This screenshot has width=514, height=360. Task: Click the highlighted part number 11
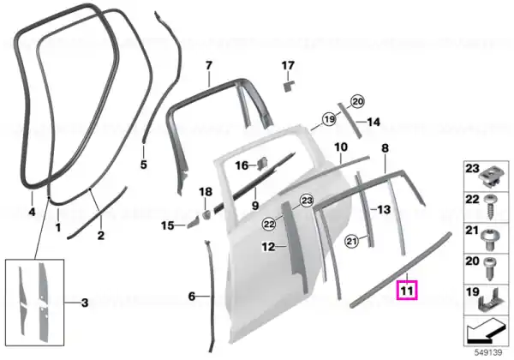point(406,291)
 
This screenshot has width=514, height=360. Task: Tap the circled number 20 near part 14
point(357,102)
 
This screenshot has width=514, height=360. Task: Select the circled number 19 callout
point(329,118)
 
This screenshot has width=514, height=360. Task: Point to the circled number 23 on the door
point(307,201)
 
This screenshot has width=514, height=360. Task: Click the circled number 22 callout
point(269,225)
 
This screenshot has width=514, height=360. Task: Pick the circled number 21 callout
point(351,242)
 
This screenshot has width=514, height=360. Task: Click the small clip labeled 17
point(288,87)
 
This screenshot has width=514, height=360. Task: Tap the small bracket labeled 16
point(262,164)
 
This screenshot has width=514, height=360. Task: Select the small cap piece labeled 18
point(206,213)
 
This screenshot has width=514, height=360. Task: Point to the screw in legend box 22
point(489,207)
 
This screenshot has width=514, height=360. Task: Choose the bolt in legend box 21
point(490,238)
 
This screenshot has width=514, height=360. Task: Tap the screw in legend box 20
point(489,269)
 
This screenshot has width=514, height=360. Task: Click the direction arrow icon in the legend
point(485,332)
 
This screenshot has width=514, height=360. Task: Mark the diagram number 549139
point(488,352)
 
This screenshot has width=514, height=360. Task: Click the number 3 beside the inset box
point(85,303)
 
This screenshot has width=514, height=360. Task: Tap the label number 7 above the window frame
point(209,66)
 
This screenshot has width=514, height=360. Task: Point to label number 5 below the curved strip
point(144,165)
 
